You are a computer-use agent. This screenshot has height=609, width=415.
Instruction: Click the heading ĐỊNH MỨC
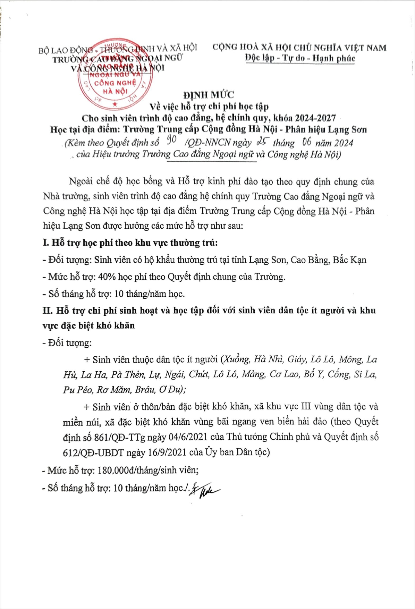click(x=209, y=95)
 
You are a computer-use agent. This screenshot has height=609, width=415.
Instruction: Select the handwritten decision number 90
click(x=171, y=140)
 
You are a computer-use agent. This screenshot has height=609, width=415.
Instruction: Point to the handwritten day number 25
click(x=263, y=141)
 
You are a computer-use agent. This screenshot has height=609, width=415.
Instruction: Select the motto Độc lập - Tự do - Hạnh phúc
click(x=300, y=58)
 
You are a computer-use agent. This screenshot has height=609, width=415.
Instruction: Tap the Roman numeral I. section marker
click(x=46, y=243)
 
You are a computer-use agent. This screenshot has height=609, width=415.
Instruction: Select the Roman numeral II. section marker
click(x=47, y=310)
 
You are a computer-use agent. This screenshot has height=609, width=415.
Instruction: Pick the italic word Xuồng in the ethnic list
click(x=236, y=359)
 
